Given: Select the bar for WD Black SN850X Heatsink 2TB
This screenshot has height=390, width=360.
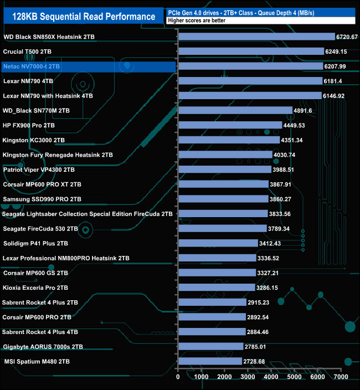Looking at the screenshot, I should click(x=256, y=37).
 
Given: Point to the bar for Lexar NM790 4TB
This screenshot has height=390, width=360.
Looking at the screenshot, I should click(x=250, y=81).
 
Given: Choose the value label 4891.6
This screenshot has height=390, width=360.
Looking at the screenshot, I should click(x=307, y=110).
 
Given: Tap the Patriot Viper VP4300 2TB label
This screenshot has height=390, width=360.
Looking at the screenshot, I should click(x=39, y=170).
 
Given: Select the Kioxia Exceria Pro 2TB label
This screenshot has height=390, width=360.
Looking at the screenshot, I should click(x=35, y=288).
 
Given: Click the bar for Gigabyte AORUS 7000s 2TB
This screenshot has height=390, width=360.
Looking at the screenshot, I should click(x=210, y=347).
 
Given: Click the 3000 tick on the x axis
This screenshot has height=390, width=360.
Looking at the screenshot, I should click(x=248, y=377).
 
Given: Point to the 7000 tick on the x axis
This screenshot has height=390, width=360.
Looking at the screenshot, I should click(x=341, y=377).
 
